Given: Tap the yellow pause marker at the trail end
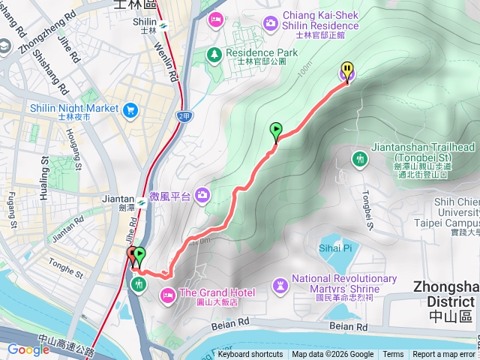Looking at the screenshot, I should pyautogui.click(x=347, y=71).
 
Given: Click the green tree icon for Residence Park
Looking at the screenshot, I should pyautogui.click(x=214, y=54).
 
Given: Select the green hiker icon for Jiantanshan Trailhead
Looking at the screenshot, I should pyautogui.click(x=360, y=158).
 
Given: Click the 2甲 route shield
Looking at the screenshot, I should pyautogui.click(x=184, y=116).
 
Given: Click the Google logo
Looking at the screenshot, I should pyautogui.click(x=28, y=349).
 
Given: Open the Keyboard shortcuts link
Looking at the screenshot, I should pyautogui.click(x=250, y=355).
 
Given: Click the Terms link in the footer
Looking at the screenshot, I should pyautogui.click(x=393, y=355).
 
